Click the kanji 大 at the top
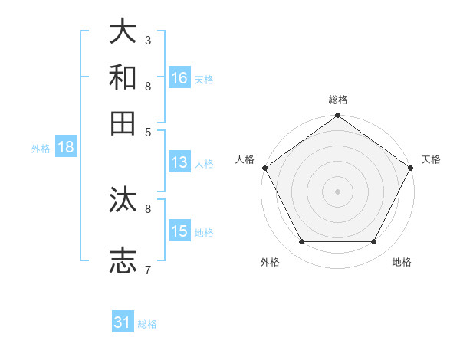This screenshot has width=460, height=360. click(123, 32)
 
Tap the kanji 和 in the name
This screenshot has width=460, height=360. click(123, 78)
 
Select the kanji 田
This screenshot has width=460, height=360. click(123, 123)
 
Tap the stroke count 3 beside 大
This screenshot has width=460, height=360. click(148, 40)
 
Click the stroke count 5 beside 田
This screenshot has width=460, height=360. click(148, 131)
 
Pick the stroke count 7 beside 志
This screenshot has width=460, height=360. click(148, 269)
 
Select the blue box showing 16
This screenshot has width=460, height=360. click(179, 77)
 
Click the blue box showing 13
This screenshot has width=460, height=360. click(179, 162)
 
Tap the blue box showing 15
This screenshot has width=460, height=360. click(179, 231)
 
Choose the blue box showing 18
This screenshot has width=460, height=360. click(66, 148)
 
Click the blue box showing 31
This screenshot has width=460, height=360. click(123, 322)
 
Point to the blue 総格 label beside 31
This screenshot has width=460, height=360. click(147, 324)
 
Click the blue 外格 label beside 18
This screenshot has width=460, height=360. click(41, 149)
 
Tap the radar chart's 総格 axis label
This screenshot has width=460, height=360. click(337, 100)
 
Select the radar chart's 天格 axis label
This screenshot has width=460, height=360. click(431, 159)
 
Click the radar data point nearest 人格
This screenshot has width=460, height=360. click(264, 168)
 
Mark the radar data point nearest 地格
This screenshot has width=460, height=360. click(374, 242)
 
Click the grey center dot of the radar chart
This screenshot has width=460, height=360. click(337, 191)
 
